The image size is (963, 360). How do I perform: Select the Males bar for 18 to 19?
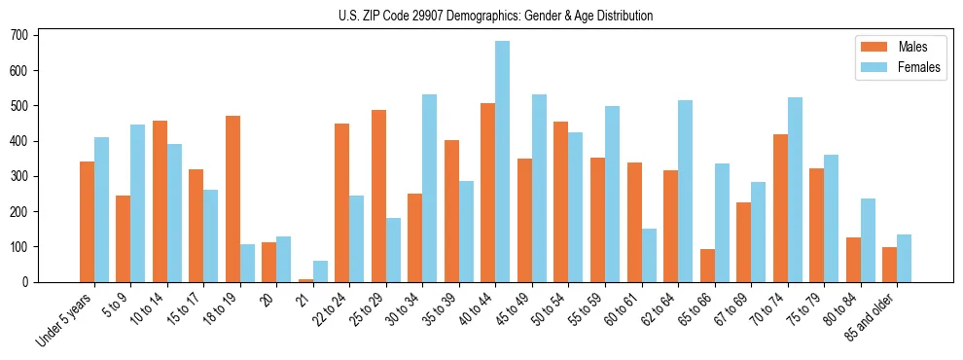[x=232, y=198]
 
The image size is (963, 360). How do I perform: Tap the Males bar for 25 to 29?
[x=378, y=196]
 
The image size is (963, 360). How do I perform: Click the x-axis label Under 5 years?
[x=65, y=318]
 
